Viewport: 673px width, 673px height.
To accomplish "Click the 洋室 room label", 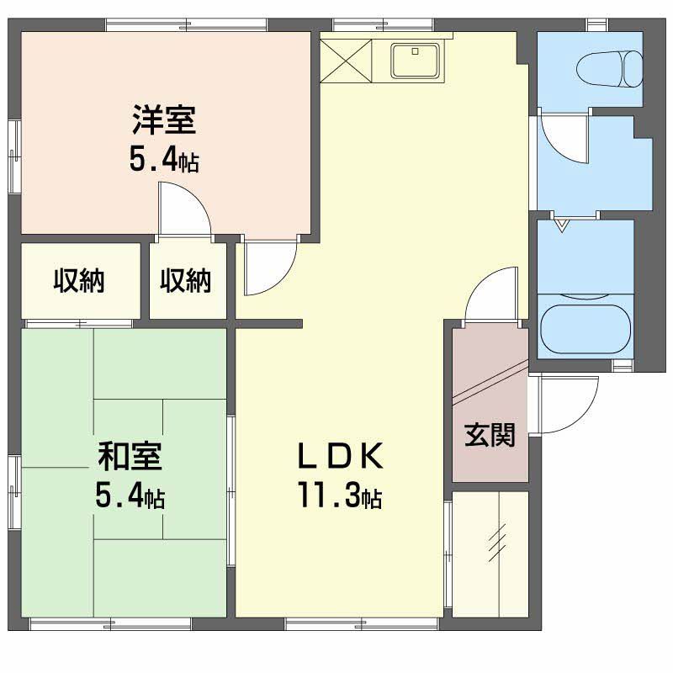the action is (164, 120).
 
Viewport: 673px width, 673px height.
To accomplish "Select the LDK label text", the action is (341, 456).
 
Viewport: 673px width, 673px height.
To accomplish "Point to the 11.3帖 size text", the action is (341, 495).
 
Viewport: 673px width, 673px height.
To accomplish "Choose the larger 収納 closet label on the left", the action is (79, 281).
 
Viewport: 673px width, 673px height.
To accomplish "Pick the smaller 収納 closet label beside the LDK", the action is (186, 281).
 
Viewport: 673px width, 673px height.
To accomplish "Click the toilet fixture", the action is (609, 69).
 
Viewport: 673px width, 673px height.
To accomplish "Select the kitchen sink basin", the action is (416, 61).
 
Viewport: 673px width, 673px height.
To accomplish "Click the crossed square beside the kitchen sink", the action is (346, 61).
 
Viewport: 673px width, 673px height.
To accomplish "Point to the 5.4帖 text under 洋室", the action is (164, 161).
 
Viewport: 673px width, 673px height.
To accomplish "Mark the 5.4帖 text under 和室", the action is (130, 497).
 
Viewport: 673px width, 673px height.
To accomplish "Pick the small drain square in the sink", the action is (415, 51).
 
